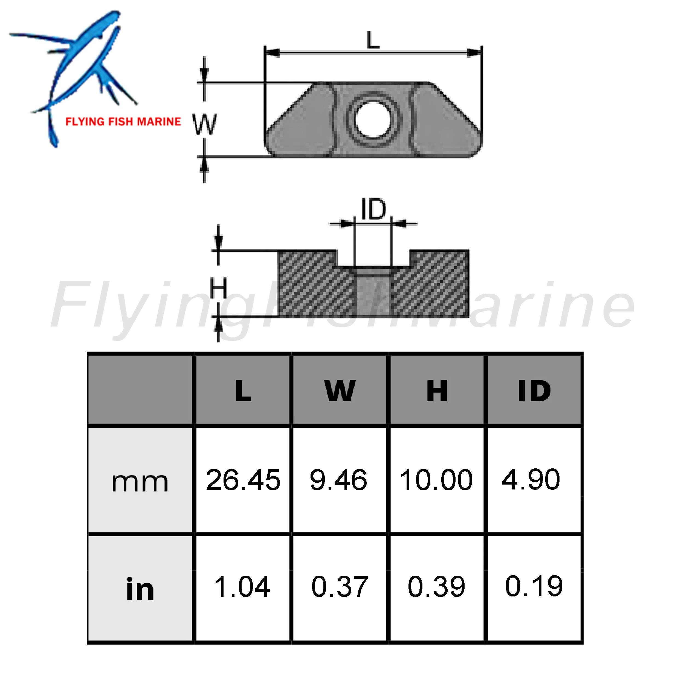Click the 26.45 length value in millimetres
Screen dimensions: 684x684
243,480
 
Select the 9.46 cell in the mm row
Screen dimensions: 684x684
338,480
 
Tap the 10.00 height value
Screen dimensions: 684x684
436,480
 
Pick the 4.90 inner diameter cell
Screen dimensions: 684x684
531,480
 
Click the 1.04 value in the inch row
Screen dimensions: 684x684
242,587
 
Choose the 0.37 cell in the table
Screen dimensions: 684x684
340,587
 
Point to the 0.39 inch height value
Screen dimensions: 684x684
436,587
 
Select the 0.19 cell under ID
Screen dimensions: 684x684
534,587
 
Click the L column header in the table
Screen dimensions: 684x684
243,391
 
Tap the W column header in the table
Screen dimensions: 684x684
340,391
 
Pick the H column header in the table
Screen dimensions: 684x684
437,391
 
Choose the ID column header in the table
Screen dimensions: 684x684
534,391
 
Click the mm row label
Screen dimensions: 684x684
140,482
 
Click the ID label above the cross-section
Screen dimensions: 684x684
373,210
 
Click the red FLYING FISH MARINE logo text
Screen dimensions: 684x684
123,122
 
